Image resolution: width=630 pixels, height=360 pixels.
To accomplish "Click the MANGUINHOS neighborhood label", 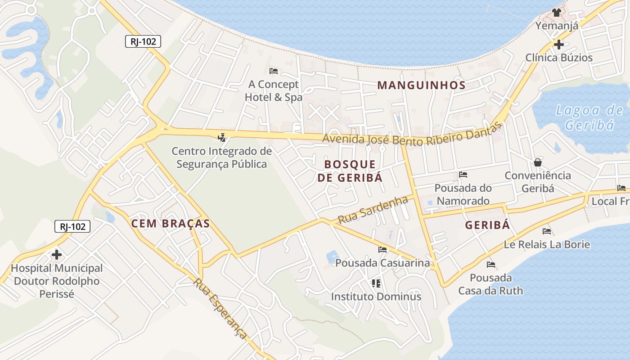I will coord(421,85).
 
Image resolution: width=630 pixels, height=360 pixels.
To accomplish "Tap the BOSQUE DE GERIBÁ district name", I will coord(350,171).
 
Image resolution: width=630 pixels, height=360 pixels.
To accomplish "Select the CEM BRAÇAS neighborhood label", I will coord(171,223).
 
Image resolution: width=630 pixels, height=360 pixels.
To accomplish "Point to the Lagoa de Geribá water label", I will coord(589,117).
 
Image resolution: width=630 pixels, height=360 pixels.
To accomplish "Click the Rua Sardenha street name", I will coord(373,210).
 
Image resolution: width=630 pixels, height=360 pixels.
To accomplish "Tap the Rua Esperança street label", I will coord(220,308).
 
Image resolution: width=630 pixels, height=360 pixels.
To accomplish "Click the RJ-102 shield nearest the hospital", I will coord(72,226).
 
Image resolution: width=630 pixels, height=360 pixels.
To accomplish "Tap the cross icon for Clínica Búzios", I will coord(558,45).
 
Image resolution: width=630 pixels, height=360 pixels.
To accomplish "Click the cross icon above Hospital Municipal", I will coord(57,255).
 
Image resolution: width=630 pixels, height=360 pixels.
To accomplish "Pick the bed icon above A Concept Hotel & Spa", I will coord(273,71).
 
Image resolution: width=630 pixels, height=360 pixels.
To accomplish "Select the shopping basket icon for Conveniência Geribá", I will coord(537,162).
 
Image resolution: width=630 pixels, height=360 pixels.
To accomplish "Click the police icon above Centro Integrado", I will coord(221,137).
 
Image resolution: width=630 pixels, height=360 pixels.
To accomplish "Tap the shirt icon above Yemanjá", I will coord(557,13).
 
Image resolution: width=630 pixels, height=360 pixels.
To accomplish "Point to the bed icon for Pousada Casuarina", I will coord(382,249).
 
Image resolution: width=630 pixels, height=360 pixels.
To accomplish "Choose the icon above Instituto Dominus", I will coord(376,283).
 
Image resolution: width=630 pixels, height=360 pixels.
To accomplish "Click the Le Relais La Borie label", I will coord(547,244).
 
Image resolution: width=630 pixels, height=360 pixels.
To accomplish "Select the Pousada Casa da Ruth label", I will coord(491,284).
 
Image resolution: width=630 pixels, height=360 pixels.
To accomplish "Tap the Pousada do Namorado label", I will coord(463,194).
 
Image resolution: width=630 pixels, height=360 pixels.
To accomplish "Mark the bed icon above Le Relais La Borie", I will coord(547,231).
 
